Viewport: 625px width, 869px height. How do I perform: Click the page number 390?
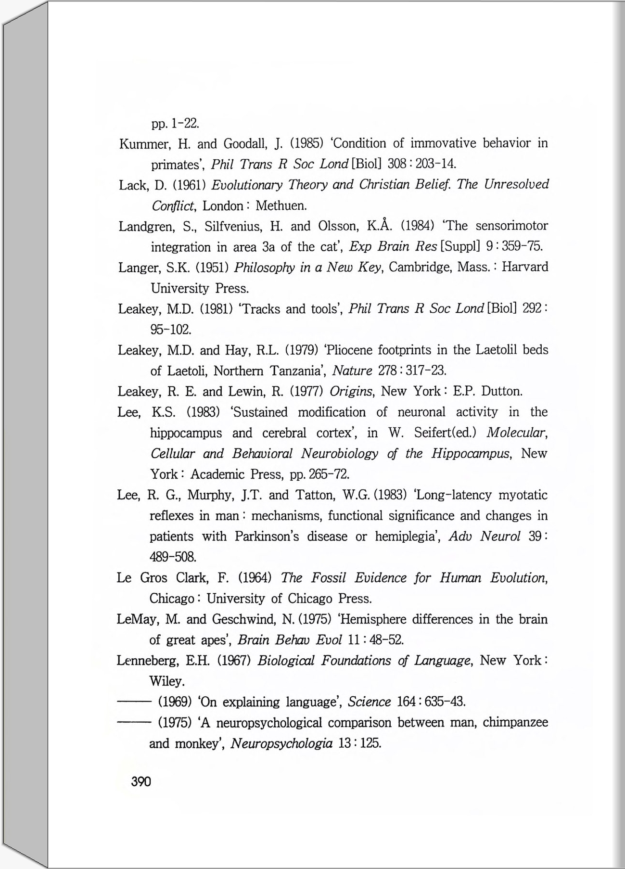pos(141,781)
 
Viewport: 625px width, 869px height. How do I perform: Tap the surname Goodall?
pos(243,144)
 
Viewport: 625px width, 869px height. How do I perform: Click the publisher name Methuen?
pos(281,206)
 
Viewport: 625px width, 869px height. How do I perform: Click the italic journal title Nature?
pos(352,371)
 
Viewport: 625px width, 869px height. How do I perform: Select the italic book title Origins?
pos(351,392)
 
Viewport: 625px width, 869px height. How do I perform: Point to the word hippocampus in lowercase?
pos(186,433)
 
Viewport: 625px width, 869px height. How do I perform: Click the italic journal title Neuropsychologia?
pos(281,743)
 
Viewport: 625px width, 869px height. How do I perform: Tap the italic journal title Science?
pos(369,702)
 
